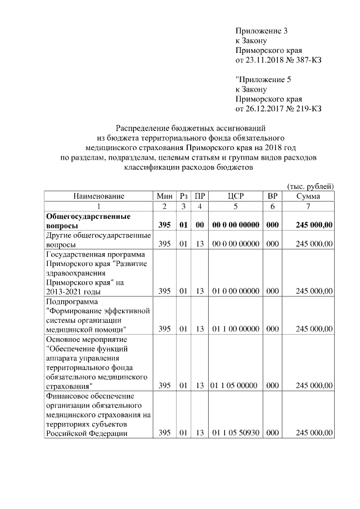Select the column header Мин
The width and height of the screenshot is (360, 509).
[164, 196]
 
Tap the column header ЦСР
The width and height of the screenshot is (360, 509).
[235, 196]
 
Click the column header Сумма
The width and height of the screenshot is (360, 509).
[308, 196]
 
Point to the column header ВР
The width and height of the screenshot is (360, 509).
[272, 196]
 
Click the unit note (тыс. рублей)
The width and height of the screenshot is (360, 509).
[310, 186]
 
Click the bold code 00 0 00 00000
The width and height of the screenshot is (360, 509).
[235, 225]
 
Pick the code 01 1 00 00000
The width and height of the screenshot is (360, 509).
[235, 328]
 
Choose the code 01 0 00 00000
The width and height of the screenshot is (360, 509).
[235, 291]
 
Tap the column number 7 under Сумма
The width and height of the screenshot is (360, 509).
[308, 206]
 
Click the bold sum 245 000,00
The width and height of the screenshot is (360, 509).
[314, 225]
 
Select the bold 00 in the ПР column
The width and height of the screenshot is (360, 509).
[199, 225]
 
